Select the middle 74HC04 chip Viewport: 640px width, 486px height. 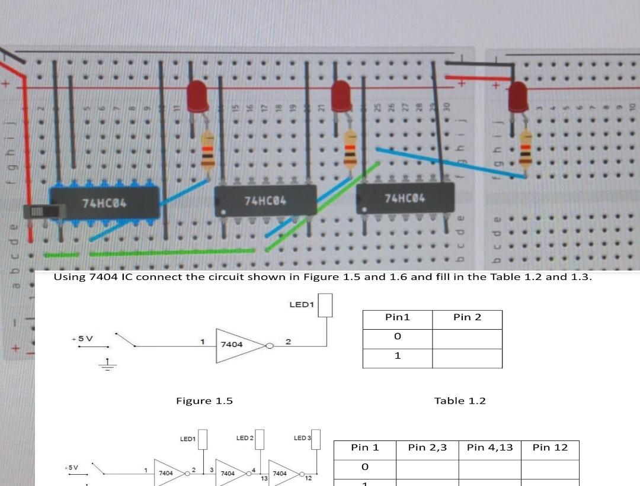pos(265,201)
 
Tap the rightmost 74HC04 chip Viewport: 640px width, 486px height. pos(405,197)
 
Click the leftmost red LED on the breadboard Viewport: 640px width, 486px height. pos(197,96)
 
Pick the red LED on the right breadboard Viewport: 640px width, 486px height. pos(518,96)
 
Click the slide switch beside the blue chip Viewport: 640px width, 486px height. pos(41,212)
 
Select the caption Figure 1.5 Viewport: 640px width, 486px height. pos(204,401)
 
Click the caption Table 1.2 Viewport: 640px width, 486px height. pos(460,401)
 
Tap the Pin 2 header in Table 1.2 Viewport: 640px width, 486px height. pos(467,318)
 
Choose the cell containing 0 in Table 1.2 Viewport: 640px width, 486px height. pos(398,336)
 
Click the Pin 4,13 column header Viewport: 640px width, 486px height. pos(489,448)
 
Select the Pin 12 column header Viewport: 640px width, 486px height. pos(550,448)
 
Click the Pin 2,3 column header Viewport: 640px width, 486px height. pos(427,448)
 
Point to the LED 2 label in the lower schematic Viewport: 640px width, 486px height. pos(245,438)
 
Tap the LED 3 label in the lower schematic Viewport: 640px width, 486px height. pos(302,438)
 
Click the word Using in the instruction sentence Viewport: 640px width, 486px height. pos(69,277)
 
